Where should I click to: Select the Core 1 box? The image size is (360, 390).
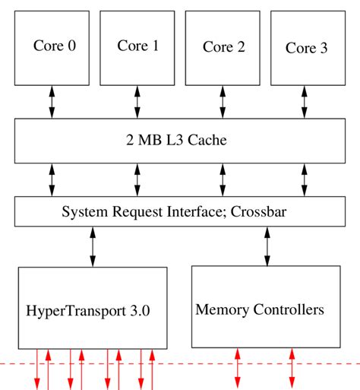pos(137,48)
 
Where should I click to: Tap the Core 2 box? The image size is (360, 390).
pos(223,48)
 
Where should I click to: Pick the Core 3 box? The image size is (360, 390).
pos(306,48)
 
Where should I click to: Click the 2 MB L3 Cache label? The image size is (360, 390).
pos(176,141)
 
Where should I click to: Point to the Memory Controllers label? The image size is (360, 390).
pos(260,309)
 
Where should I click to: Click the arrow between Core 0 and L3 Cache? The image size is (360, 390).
pos(52,102)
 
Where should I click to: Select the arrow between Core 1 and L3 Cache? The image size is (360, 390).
pos(137,102)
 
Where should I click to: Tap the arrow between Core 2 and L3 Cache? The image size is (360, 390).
pos(223,102)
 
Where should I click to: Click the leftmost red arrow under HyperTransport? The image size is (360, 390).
pos(36,369)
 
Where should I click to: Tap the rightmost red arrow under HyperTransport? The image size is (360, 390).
pos(153,369)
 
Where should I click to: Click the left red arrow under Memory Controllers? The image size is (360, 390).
pos(238,368)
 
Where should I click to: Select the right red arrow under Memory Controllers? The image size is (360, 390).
pos(292,368)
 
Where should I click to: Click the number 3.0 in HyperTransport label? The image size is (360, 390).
pos(140,310)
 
